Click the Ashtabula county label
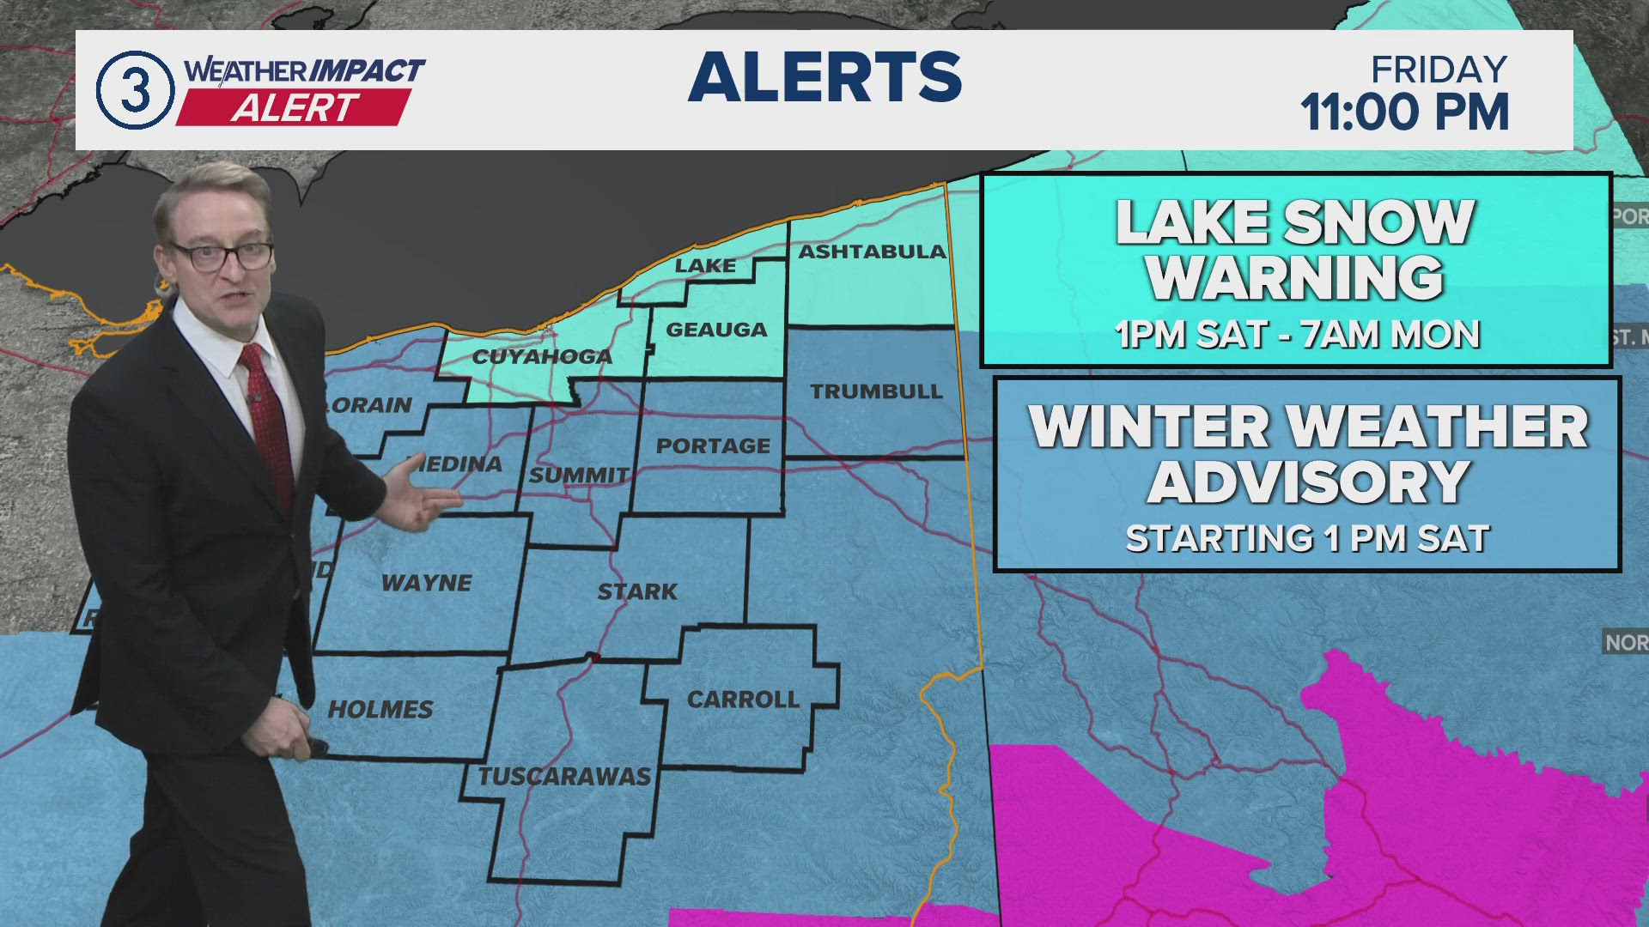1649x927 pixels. (872, 251)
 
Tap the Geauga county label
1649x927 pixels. (716, 330)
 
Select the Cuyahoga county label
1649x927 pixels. (542, 356)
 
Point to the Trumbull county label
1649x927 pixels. (876, 391)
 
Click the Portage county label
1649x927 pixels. (713, 446)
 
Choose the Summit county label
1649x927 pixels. (579, 475)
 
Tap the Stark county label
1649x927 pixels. (637, 591)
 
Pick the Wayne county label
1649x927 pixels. (427, 583)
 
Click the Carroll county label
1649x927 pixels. (743, 700)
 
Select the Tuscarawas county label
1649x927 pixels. (564, 776)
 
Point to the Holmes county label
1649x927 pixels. (380, 709)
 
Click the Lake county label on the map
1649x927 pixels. (705, 266)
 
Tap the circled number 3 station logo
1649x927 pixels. (134, 90)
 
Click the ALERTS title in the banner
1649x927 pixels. (824, 77)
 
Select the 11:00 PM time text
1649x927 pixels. (1404, 112)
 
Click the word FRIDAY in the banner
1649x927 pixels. (1439, 70)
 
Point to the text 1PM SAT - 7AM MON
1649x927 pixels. (1297, 334)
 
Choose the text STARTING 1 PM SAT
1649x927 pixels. (1307, 538)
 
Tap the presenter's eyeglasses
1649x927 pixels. (222, 255)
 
